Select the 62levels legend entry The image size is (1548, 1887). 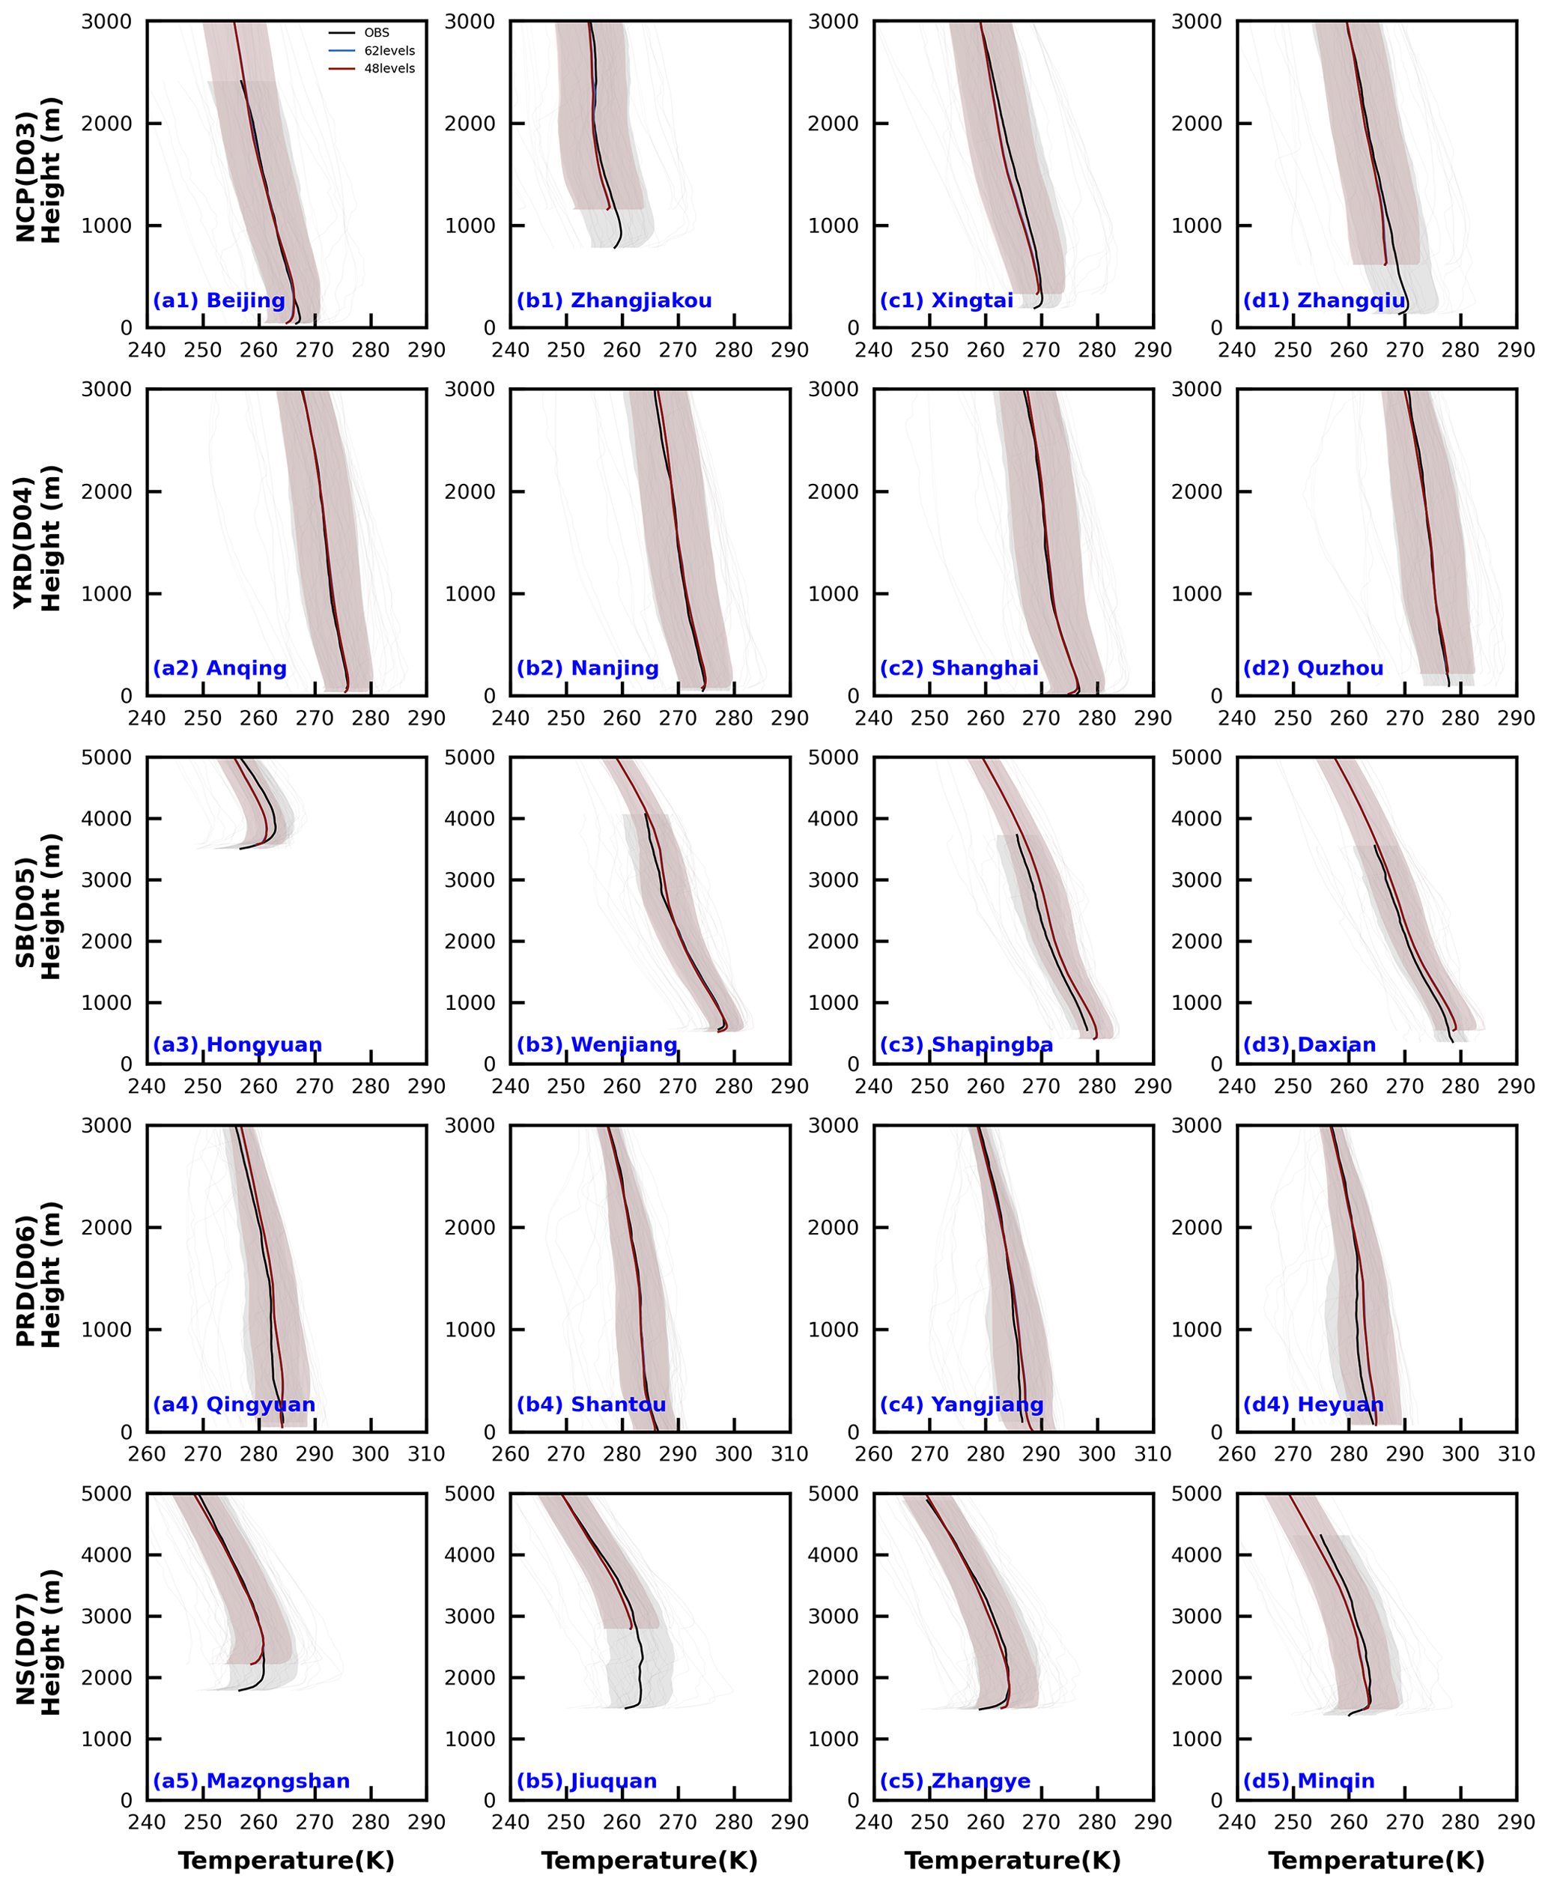pos(389,51)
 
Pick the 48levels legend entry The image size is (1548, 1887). pos(389,69)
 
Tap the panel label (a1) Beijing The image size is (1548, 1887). pos(219,300)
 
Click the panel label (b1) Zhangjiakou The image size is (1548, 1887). pos(614,300)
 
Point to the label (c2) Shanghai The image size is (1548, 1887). pos(959,668)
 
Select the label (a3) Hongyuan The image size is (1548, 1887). pos(237,1044)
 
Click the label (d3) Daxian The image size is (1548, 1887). pos(1310,1044)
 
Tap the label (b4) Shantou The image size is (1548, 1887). pos(591,1405)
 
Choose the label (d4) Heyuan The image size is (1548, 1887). pos(1314,1405)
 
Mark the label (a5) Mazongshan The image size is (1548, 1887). pos(252,1781)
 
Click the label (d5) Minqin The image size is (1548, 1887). pos(1309,1781)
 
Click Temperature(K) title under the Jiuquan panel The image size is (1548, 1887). pos(649,1860)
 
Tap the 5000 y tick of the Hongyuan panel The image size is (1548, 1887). pos(106,757)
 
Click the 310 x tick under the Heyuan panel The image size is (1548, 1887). pos(1516,1453)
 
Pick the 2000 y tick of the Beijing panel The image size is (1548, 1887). pos(106,124)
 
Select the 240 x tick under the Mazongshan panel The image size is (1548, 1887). pos(147,1822)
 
